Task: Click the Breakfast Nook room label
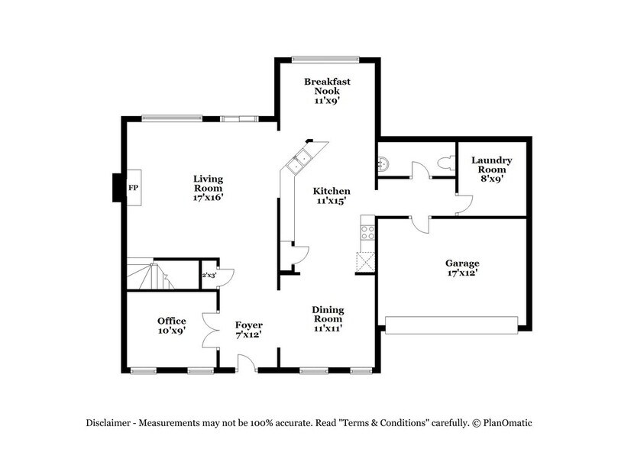[321, 91]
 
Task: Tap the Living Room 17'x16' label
[207, 188]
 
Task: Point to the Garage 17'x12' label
[461, 267]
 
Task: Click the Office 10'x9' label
[172, 325]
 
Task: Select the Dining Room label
[327, 318]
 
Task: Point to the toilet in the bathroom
[445, 162]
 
